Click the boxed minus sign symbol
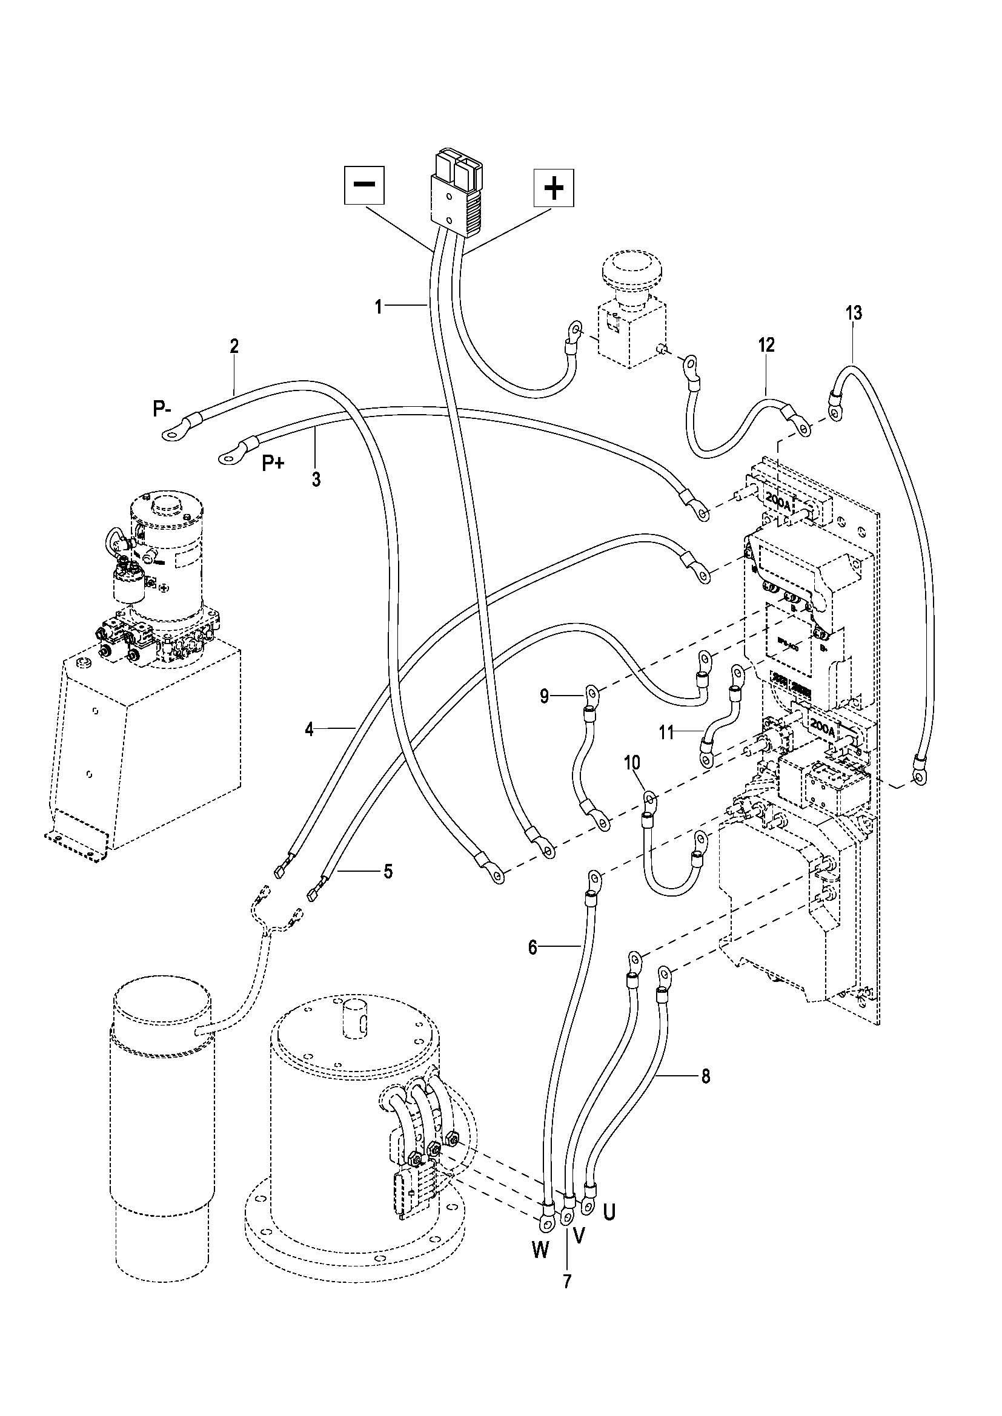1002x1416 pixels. [x=364, y=185]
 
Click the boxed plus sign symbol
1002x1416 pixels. [x=554, y=188]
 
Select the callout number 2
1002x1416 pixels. [x=234, y=346]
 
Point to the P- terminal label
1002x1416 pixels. [x=165, y=409]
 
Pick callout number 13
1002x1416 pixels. [x=854, y=312]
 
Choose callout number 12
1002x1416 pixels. [x=766, y=344]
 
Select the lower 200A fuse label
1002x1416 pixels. [x=823, y=728]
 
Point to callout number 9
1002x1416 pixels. [x=544, y=696]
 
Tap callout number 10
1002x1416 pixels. [x=632, y=763]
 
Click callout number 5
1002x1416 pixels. [x=388, y=871]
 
